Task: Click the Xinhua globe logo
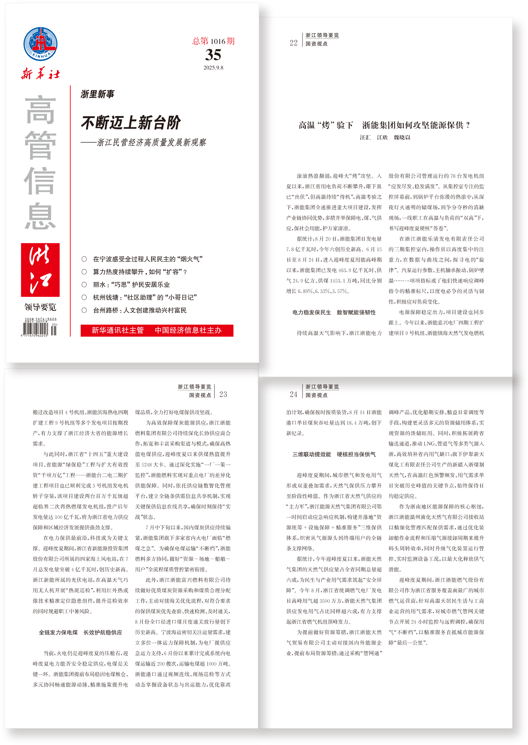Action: pyautogui.click(x=40, y=44)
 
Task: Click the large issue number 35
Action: pyautogui.click(x=213, y=55)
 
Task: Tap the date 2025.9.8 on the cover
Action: pyautogui.click(x=213, y=68)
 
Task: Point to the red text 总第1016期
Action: pyautogui.click(x=213, y=41)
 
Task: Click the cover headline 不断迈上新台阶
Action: pyautogui.click(x=131, y=123)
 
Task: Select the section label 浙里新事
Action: pyautogui.click(x=97, y=94)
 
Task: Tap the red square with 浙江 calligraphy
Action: pyautogui.click(x=40, y=270)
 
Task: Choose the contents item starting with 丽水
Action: pyautogui.click(x=131, y=284)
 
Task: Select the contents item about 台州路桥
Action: pyautogui.click(x=139, y=310)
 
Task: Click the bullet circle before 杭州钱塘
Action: pyautogui.click(x=84, y=297)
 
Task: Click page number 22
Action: pyautogui.click(x=294, y=43)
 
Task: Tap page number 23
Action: pyautogui.click(x=223, y=394)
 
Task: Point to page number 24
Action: pyautogui.click(x=294, y=394)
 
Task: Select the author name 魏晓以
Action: pyautogui.click(x=402, y=137)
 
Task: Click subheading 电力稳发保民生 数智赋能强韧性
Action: pyautogui.click(x=334, y=312)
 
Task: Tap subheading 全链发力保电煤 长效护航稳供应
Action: pyautogui.click(x=80, y=632)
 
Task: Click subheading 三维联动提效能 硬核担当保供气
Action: pyautogui.click(x=334, y=454)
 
